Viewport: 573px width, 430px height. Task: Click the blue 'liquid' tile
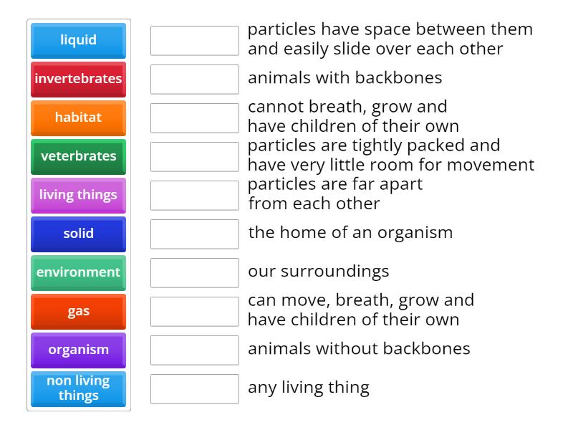(78, 40)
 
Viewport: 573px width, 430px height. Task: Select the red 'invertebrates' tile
(78, 79)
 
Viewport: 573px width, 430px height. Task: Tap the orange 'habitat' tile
(78, 118)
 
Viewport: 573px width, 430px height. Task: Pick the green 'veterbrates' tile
(78, 156)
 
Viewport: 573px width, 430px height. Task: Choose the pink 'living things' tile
(78, 195)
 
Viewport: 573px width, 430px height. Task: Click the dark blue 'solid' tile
(78, 234)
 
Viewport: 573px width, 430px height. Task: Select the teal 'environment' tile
(78, 272)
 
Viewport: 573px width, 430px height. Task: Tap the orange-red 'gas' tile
(78, 311)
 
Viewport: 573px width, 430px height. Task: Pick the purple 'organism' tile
(78, 350)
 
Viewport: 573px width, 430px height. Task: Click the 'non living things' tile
(78, 388)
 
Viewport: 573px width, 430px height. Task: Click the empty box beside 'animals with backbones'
(194, 79)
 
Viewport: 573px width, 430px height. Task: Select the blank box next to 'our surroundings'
(194, 272)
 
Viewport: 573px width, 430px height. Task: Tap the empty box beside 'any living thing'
(194, 388)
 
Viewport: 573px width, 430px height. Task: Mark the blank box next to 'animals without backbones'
(194, 350)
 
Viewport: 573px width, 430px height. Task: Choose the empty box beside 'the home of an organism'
(194, 234)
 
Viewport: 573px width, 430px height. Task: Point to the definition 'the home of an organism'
(350, 233)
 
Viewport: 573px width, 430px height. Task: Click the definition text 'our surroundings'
(318, 272)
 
